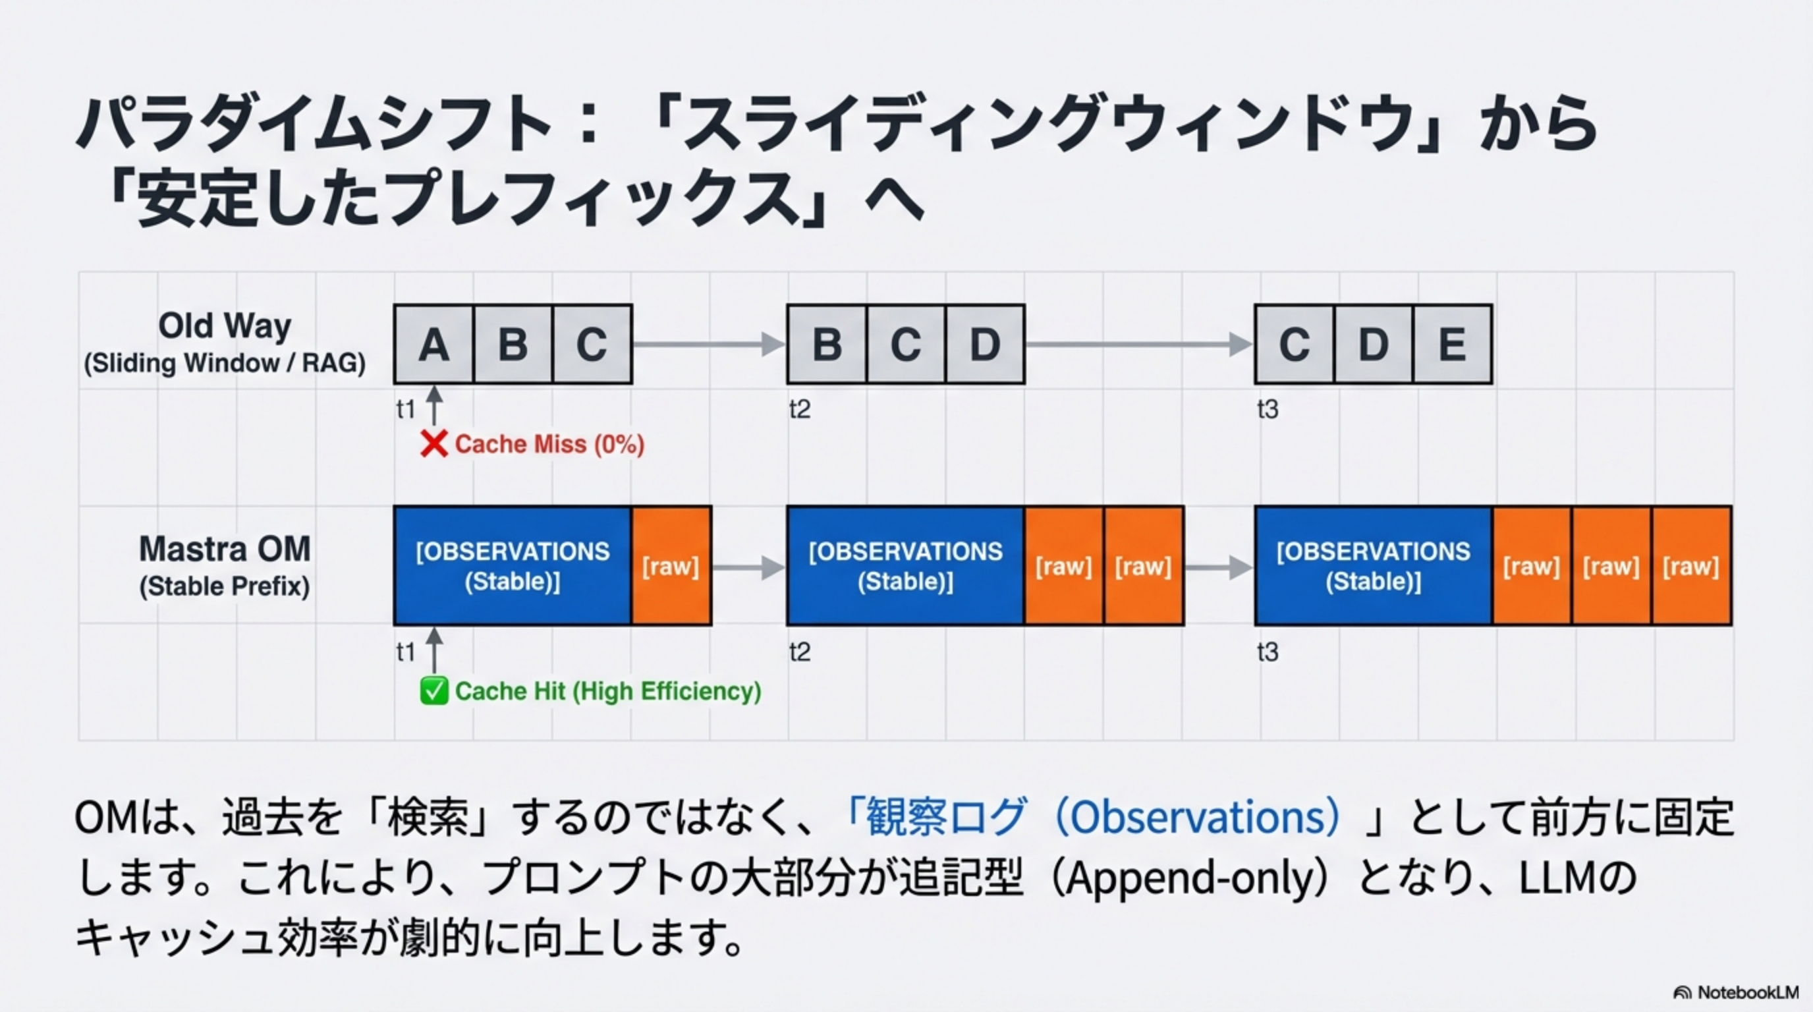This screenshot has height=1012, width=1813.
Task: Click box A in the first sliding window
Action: click(433, 344)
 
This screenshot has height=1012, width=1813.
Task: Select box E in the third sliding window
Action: click(1452, 344)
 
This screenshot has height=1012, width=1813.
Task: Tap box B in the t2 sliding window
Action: click(827, 344)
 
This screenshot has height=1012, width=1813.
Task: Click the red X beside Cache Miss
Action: click(433, 444)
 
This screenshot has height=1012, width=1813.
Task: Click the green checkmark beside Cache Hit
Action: click(433, 690)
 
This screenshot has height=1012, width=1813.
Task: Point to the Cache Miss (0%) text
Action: click(549, 444)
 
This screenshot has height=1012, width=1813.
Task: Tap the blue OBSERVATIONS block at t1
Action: click(513, 565)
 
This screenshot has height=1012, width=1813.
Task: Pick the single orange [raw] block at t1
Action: click(671, 565)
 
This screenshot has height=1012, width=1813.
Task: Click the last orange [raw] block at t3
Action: click(1690, 565)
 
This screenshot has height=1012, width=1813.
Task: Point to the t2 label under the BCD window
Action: click(800, 409)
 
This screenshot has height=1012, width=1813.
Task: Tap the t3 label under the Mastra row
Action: click(1267, 652)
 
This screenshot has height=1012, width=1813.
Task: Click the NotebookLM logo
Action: click(1735, 992)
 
